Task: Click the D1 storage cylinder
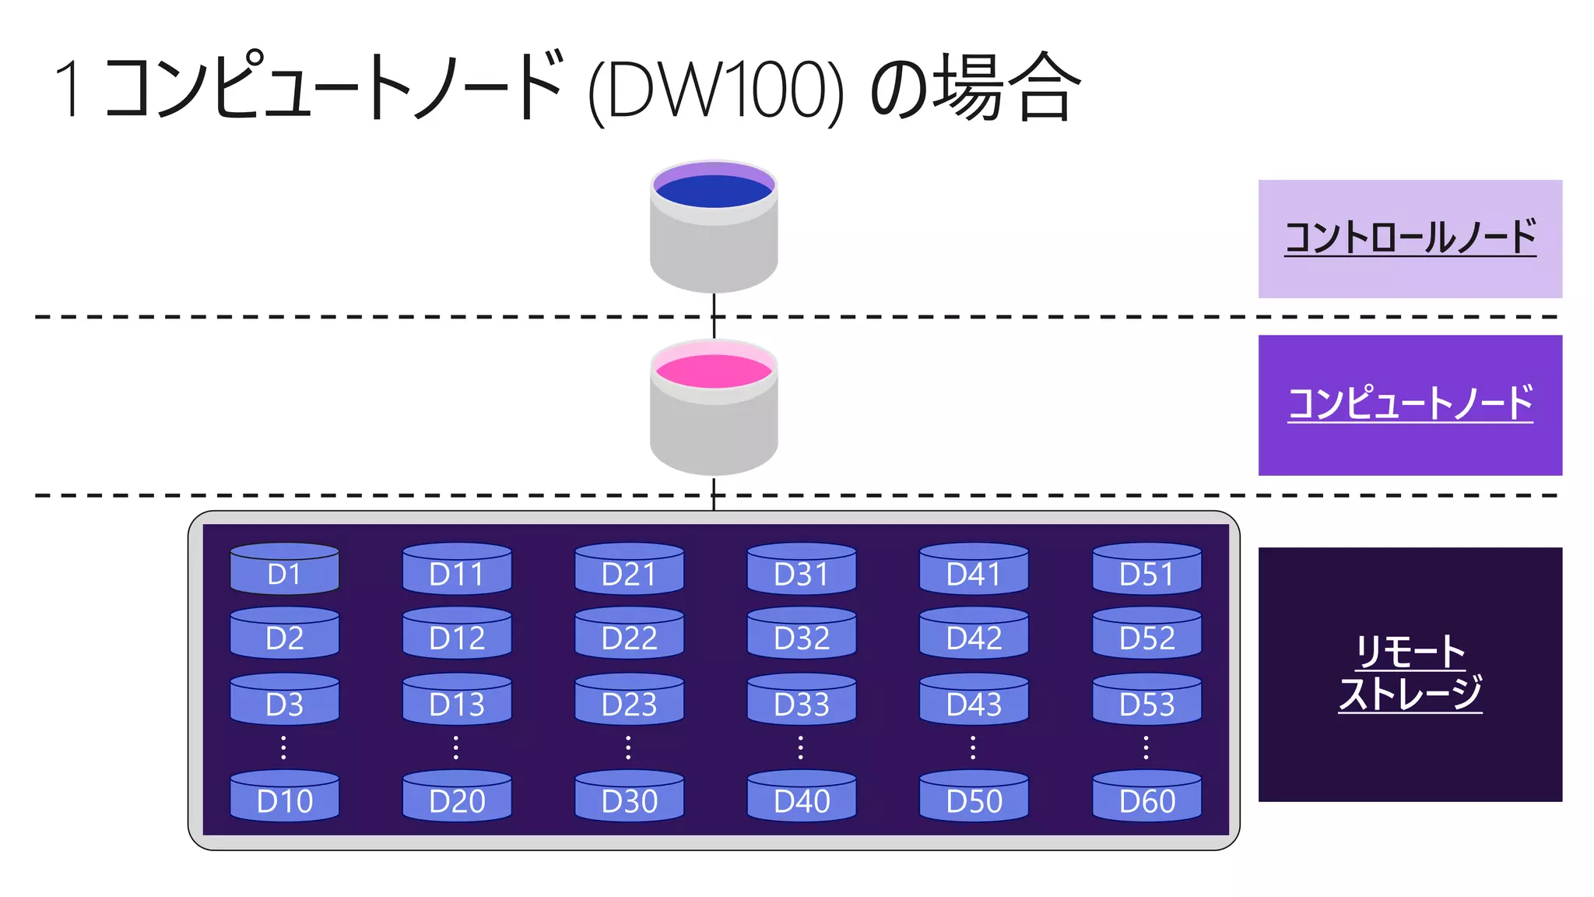point(284,569)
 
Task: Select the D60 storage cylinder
point(1146,796)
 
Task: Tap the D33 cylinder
point(802,699)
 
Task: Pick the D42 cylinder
point(974,633)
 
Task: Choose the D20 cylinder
point(457,796)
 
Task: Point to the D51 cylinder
point(1146,569)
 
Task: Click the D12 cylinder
point(457,633)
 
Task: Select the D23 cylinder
point(629,699)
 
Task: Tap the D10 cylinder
point(284,796)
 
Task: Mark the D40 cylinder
point(802,796)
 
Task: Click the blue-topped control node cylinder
point(714,226)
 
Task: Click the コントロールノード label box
point(1410,239)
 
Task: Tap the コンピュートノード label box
point(1410,405)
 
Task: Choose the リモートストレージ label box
point(1410,674)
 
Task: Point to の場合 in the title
point(974,87)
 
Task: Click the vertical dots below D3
point(283,747)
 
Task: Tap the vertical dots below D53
point(1146,747)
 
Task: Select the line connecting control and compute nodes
point(714,315)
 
